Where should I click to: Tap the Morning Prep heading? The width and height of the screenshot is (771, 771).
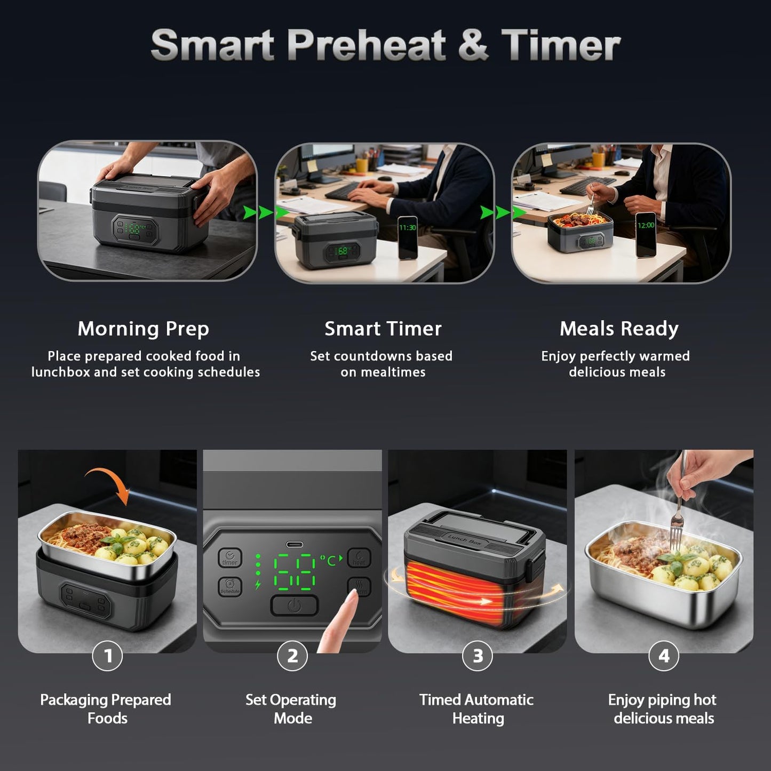coord(143,329)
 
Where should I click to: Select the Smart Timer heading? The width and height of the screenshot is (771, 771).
coord(383,329)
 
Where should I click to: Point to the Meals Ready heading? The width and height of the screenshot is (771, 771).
coord(619,329)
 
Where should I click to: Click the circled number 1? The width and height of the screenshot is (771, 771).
coord(107,656)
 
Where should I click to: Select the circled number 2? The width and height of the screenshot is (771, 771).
coord(292,656)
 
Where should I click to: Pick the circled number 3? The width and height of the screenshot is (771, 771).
coord(478,656)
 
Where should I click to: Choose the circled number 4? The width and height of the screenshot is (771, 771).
coord(663,656)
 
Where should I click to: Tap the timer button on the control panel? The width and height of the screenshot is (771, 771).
coord(230,558)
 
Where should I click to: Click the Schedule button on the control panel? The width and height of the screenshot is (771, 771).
coord(230,587)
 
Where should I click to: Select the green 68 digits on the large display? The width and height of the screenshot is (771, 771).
coord(294,571)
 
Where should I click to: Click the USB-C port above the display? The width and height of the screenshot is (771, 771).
coord(295,545)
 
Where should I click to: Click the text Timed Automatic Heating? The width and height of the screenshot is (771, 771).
coord(476,709)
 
